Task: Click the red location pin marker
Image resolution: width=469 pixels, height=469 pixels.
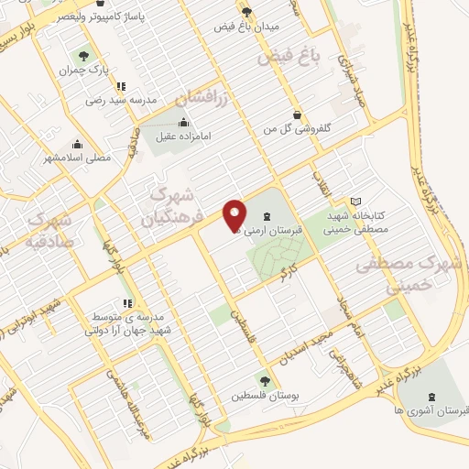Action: click(235, 214)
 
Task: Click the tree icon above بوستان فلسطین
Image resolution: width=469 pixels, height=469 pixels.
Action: click(264, 381)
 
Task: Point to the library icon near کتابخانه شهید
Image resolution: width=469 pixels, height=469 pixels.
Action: click(356, 202)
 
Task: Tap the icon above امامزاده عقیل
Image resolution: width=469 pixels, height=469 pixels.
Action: click(185, 122)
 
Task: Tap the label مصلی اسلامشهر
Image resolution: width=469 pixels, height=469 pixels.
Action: click(81, 157)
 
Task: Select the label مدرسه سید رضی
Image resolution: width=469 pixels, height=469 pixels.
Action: click(122, 99)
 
